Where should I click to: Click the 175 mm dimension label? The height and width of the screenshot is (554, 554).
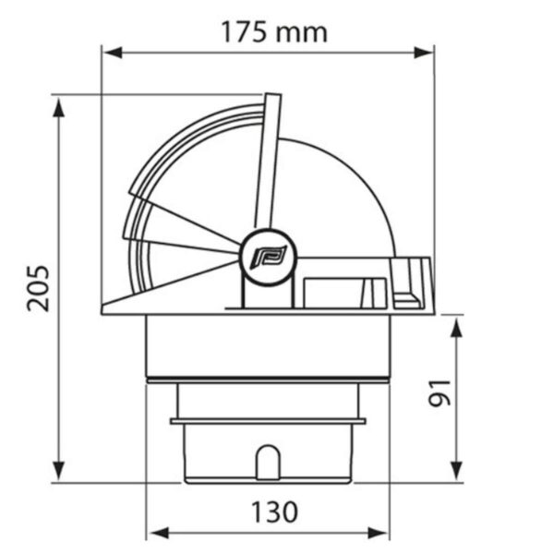point(274,32)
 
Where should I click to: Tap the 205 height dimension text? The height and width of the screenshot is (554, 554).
point(38,288)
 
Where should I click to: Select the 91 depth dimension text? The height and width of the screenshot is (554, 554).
point(440,393)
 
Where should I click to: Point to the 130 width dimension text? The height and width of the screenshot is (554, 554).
point(274,512)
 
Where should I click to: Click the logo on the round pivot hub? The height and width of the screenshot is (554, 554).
point(268,257)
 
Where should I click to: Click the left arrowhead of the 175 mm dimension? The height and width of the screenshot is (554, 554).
point(113,53)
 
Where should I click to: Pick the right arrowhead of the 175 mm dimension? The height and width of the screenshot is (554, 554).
point(423,53)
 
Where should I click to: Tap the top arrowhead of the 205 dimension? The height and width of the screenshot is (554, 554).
point(59,107)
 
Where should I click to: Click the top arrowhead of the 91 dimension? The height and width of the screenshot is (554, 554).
point(457,328)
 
